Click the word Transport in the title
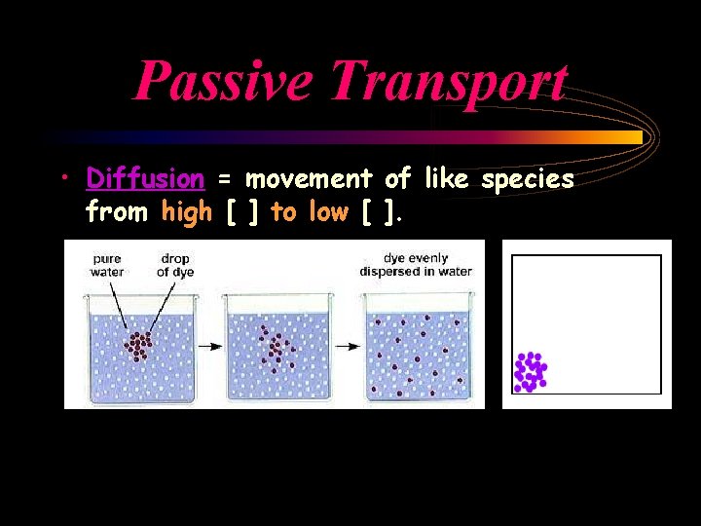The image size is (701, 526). click(x=448, y=81)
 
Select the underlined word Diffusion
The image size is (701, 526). click(x=145, y=179)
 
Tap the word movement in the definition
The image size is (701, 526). click(x=309, y=179)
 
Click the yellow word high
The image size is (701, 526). click(x=187, y=211)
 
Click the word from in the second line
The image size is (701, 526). click(x=118, y=211)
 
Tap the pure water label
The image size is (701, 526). click(x=106, y=265)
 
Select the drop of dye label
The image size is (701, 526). click(x=176, y=265)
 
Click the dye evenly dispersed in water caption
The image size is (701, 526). click(x=416, y=264)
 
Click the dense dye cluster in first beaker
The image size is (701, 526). click(x=140, y=345)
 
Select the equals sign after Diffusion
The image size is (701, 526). click(x=225, y=180)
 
